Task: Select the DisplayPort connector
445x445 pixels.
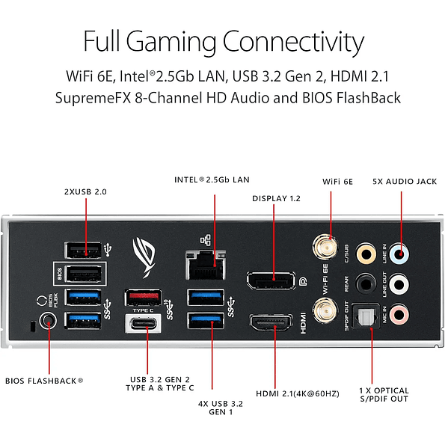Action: click(270, 281)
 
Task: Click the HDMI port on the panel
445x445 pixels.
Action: click(271, 324)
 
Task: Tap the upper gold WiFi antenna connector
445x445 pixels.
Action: click(323, 246)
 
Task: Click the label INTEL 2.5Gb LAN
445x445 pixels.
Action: click(212, 179)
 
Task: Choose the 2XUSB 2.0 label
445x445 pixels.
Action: click(85, 192)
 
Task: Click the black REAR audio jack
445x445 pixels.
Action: click(366, 283)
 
